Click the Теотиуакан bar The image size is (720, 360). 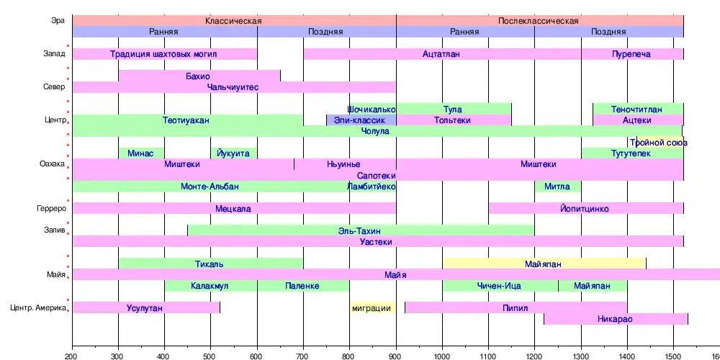[x=187, y=120]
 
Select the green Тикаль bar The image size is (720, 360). [x=210, y=264]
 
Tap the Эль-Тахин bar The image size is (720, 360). [x=360, y=230]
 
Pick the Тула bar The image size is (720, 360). [x=454, y=109]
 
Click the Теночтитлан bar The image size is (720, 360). [x=638, y=109]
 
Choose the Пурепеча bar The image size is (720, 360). [x=632, y=54]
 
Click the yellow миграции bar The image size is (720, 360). [x=372, y=308]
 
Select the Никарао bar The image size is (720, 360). [x=616, y=319]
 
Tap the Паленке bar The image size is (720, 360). [x=302, y=286]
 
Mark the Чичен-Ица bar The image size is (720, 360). [x=500, y=286]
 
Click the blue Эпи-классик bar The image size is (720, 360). [x=360, y=120]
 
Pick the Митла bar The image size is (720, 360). [x=557, y=186]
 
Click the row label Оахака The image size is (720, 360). [x=53, y=164]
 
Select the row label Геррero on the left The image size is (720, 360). [x=52, y=209]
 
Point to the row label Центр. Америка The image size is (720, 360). [x=39, y=308]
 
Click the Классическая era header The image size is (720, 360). [x=233, y=21]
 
